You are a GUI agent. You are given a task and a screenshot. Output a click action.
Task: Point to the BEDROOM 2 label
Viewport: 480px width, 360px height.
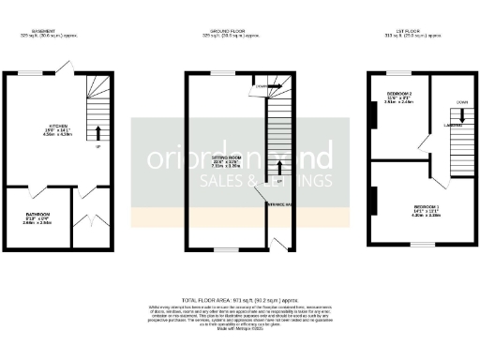point(395,97)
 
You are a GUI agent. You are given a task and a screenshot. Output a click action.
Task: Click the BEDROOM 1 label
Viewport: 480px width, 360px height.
point(426,205)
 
